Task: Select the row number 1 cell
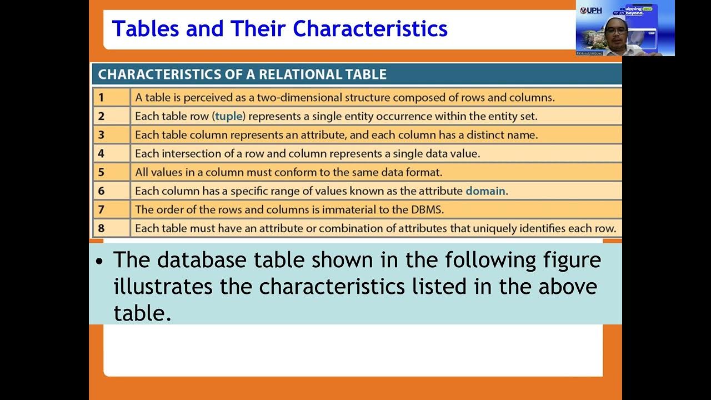pyautogui.click(x=111, y=98)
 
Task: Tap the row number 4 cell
pyautogui.click(x=111, y=153)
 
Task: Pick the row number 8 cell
pyautogui.click(x=111, y=228)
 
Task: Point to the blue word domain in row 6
pyautogui.click(x=485, y=191)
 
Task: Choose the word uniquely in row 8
pyautogui.click(x=497, y=228)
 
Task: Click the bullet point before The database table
pyautogui.click(x=99, y=261)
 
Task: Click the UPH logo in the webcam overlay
pyautogui.click(x=590, y=11)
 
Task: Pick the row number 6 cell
pyautogui.click(x=111, y=191)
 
